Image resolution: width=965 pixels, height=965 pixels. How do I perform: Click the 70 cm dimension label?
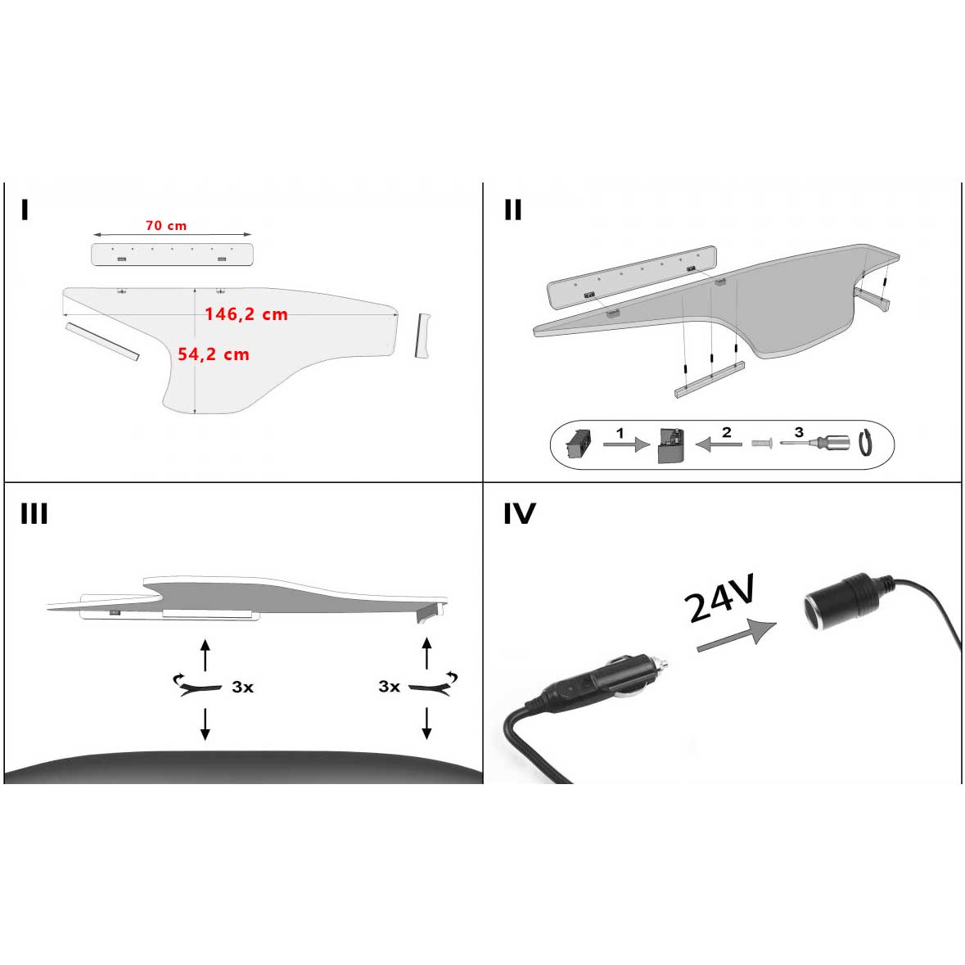(x=165, y=226)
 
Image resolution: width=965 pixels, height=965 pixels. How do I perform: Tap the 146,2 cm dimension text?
(x=246, y=314)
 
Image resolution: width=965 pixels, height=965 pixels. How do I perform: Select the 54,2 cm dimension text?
(x=213, y=354)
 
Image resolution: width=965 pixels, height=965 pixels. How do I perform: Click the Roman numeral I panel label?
(x=25, y=210)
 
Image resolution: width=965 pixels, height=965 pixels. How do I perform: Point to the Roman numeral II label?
(x=512, y=210)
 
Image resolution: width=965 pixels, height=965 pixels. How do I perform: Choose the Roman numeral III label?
(x=34, y=514)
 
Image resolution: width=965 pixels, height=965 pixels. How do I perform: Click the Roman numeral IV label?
(x=519, y=514)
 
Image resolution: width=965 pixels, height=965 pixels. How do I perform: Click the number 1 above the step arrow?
(x=620, y=432)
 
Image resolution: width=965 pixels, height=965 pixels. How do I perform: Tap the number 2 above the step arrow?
(x=726, y=432)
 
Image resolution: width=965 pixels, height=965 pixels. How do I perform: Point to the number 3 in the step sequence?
(x=799, y=432)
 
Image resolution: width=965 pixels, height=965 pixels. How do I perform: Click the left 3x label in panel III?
(x=242, y=688)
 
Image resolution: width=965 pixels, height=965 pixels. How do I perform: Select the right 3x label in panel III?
(x=389, y=687)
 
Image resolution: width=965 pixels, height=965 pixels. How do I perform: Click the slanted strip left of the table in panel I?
(x=102, y=340)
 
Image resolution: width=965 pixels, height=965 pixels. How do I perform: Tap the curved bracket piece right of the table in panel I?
(x=422, y=336)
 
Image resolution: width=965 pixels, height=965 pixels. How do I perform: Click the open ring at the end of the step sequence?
(x=866, y=443)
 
